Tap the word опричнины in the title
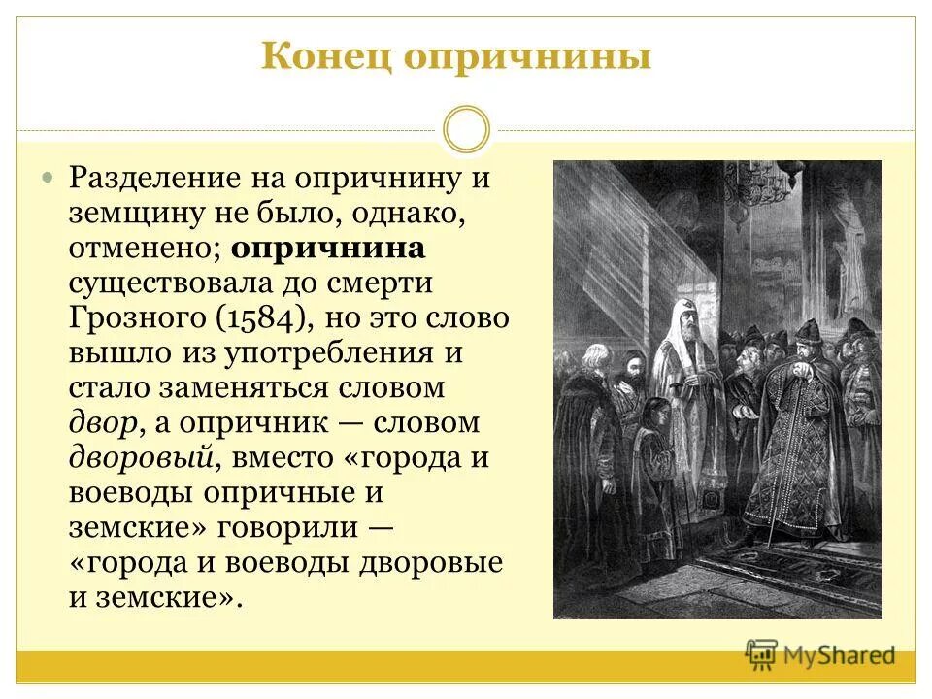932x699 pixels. click(x=527, y=56)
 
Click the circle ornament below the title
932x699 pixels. click(x=466, y=130)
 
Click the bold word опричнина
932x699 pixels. click(x=328, y=248)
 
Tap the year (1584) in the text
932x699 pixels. click(x=266, y=317)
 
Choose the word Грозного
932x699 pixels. click(x=132, y=317)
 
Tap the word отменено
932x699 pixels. click(x=144, y=248)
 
